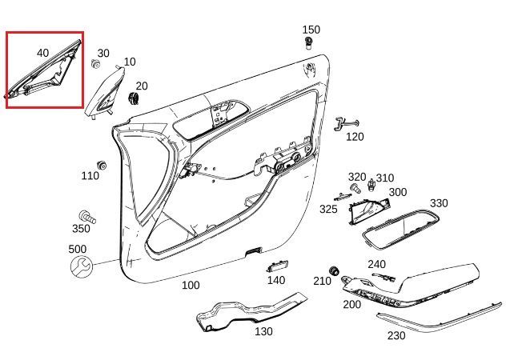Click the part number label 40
click(42, 54)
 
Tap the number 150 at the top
click(311, 30)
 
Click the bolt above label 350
click(84, 215)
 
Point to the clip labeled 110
click(102, 166)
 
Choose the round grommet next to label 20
click(133, 97)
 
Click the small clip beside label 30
click(95, 64)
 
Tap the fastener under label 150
click(310, 42)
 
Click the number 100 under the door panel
click(191, 286)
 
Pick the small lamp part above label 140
click(276, 266)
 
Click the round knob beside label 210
click(335, 270)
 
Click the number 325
click(328, 209)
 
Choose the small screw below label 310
click(371, 187)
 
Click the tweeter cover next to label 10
click(108, 88)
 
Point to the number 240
click(376, 264)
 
